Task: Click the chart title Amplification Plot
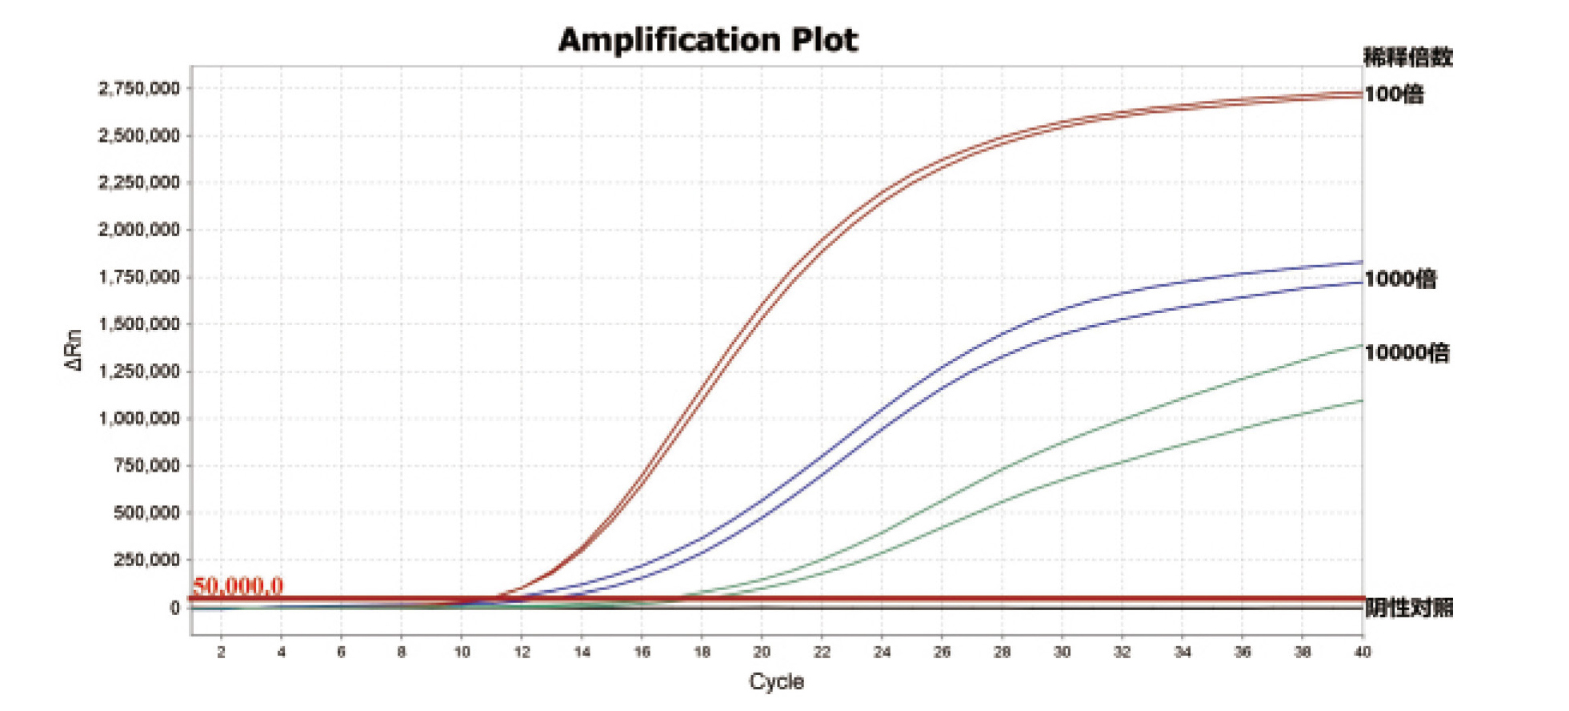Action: click(707, 40)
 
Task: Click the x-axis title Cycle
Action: click(776, 681)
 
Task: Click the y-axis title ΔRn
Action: click(74, 349)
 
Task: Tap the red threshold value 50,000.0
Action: click(238, 586)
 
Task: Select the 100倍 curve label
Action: click(1394, 94)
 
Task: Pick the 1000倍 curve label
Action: click(1400, 279)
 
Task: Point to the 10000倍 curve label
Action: click(1407, 352)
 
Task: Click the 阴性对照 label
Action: click(1408, 608)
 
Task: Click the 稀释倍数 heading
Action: click(1408, 57)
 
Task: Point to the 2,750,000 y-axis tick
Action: click(139, 88)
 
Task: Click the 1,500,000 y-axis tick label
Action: click(139, 324)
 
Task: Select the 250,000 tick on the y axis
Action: click(146, 560)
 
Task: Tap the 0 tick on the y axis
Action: click(174, 608)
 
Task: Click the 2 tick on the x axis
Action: click(221, 652)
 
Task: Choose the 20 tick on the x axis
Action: click(762, 652)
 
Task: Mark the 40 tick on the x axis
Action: click(1362, 652)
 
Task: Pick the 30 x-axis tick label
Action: click(1062, 652)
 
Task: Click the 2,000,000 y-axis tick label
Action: click(139, 230)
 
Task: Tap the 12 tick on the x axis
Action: click(522, 652)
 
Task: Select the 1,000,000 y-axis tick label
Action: click(139, 418)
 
